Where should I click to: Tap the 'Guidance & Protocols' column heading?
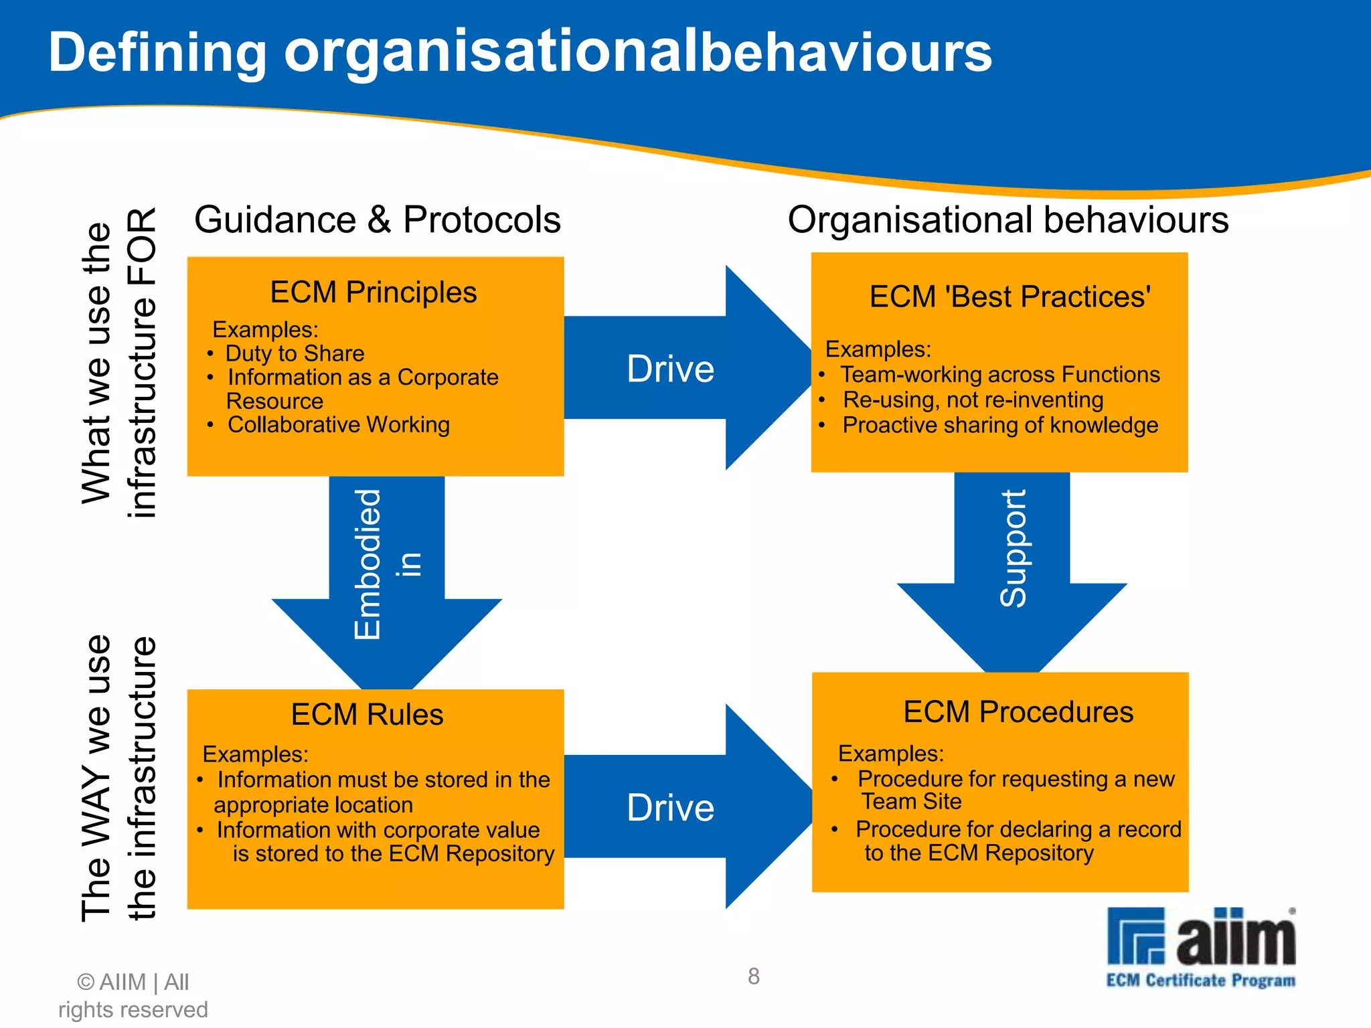(x=378, y=220)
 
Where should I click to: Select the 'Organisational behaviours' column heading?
(x=1007, y=220)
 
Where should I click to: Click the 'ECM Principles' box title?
(x=374, y=292)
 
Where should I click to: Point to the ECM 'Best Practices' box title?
(x=1010, y=296)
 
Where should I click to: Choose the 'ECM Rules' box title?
(x=367, y=715)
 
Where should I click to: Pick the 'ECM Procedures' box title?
(x=1018, y=712)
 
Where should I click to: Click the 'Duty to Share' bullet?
(x=295, y=353)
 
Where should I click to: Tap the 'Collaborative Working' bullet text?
(x=338, y=425)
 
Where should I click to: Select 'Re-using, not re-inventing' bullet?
(x=973, y=400)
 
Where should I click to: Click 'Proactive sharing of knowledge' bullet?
(x=1000, y=426)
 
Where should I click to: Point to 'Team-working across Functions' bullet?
(x=1000, y=375)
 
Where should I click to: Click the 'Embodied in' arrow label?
(x=387, y=564)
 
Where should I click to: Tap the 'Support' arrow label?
(x=1012, y=549)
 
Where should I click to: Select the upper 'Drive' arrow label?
(x=670, y=369)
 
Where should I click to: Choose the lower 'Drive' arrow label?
(x=670, y=808)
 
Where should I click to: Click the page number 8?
(x=754, y=976)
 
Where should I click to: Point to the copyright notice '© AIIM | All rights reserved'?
(x=133, y=996)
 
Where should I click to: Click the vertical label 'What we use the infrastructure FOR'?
(x=118, y=363)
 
